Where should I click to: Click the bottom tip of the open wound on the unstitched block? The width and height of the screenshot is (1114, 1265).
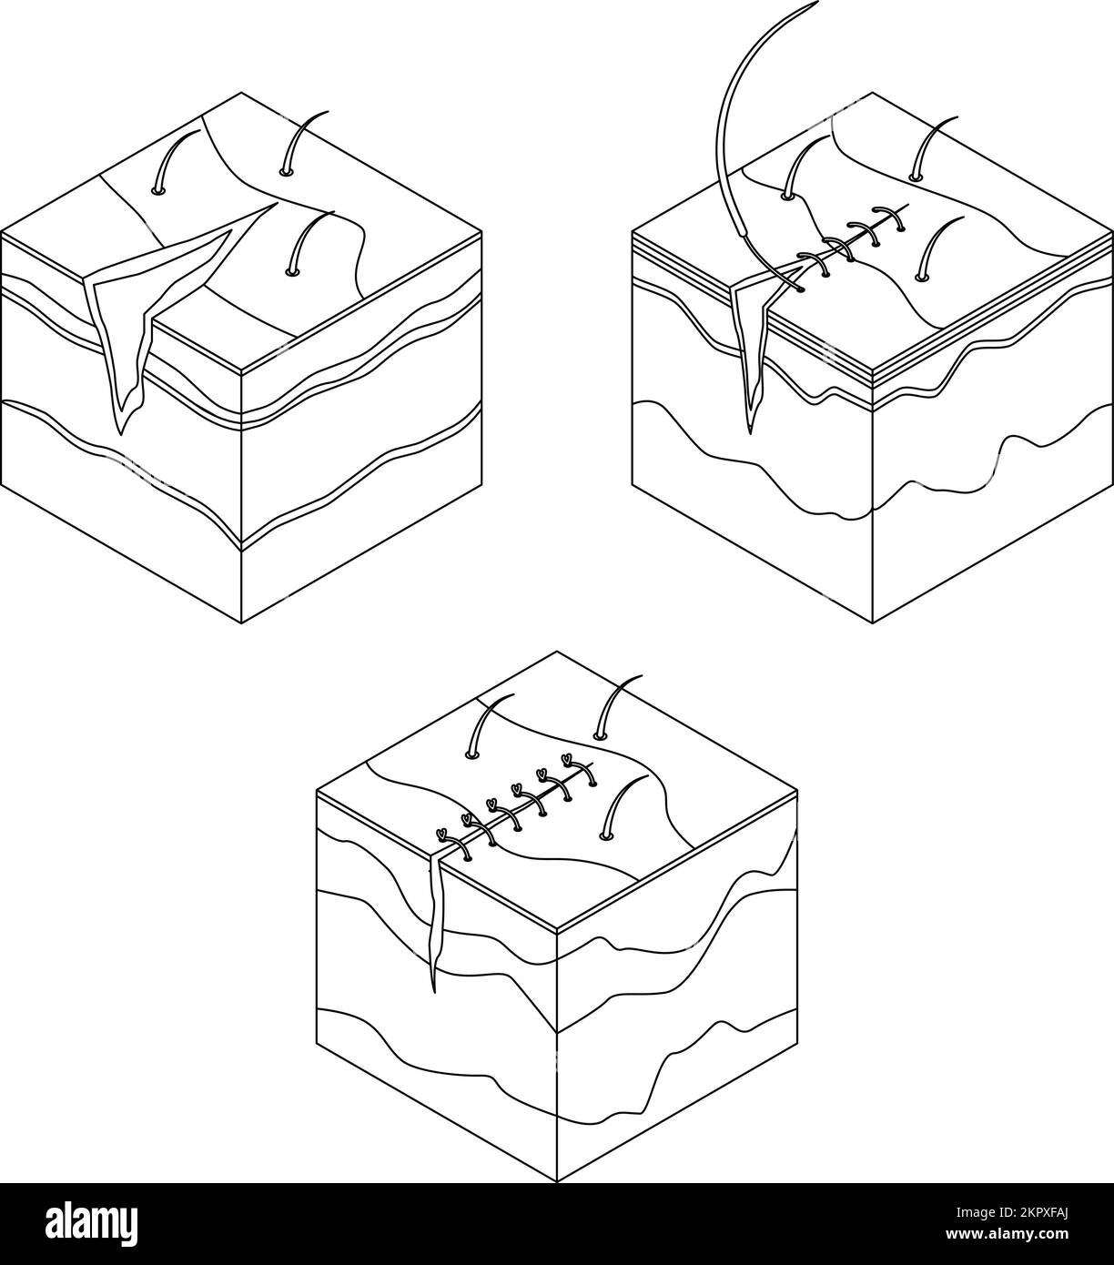[x=119, y=432]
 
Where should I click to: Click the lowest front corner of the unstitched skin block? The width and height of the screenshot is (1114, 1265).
[x=241, y=622]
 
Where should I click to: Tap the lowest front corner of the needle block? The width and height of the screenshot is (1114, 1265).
[x=873, y=622]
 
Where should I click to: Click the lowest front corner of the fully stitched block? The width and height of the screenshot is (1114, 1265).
[x=556, y=1181]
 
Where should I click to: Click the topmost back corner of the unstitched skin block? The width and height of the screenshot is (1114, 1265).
[x=241, y=93]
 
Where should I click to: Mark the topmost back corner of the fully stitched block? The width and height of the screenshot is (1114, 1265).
[x=556, y=652]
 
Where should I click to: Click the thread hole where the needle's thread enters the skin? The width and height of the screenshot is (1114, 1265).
[x=800, y=289]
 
